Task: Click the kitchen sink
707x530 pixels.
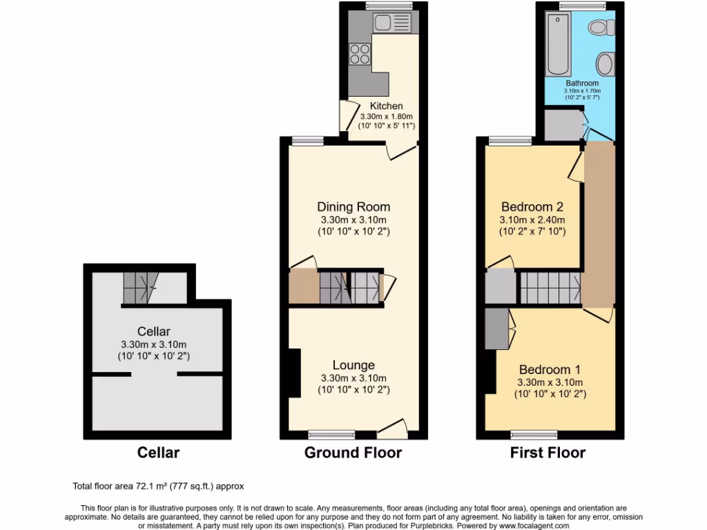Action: tap(391, 23)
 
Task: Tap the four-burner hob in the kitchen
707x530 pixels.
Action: tap(360, 53)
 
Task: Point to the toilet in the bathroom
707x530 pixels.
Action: tap(598, 28)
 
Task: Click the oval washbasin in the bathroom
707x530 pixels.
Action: tap(605, 65)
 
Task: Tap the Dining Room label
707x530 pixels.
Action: tap(353, 206)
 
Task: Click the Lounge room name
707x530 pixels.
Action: tap(353, 365)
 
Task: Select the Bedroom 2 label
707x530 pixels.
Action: tap(532, 206)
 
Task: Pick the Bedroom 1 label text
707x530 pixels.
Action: tap(550, 369)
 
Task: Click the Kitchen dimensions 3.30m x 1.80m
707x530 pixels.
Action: tap(386, 117)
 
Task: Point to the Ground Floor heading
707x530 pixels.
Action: tap(353, 453)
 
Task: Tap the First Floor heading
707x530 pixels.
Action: tap(548, 453)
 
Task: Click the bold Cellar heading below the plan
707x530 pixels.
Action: tap(158, 453)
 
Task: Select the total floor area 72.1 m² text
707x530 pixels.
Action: tap(158, 487)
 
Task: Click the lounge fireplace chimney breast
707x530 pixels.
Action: tap(294, 373)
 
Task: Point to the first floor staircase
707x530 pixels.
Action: tap(549, 288)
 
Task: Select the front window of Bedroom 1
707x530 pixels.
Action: tap(534, 435)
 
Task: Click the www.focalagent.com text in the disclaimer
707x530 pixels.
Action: tap(530, 525)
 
